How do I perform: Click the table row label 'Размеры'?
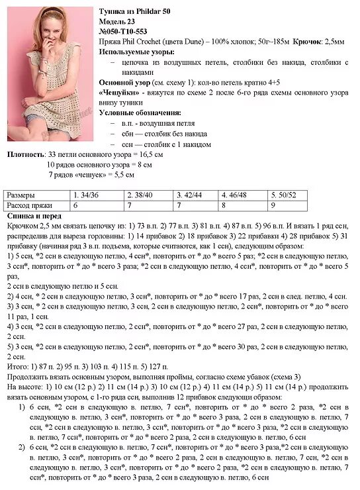pos(21,195)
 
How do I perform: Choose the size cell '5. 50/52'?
pos(287,195)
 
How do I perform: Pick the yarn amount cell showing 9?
pos(273,205)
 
